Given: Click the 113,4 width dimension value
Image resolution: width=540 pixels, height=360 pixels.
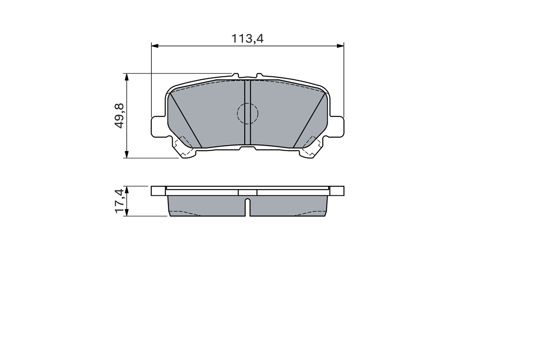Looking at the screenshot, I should click(x=247, y=38).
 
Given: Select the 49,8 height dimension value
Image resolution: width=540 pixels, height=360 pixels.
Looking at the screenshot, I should click(x=119, y=116).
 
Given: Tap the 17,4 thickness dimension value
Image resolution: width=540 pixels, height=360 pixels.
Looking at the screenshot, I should click(x=119, y=201).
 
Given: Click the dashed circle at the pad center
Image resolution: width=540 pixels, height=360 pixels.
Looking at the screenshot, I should click(x=247, y=113).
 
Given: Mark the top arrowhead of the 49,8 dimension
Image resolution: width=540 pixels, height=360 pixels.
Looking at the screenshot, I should click(x=126, y=76).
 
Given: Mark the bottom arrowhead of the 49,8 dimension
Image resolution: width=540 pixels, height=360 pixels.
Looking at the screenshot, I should click(x=126, y=155).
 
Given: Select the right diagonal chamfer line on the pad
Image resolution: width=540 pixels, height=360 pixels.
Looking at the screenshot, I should click(x=310, y=121).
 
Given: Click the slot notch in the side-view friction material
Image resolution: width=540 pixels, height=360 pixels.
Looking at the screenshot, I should click(x=248, y=206).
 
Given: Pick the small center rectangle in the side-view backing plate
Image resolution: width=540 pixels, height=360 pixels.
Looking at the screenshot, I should click(x=248, y=192).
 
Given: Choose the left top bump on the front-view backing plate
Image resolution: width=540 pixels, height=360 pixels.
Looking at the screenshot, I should click(x=236, y=76).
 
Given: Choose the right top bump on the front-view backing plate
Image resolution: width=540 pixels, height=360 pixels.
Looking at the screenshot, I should click(x=259, y=76).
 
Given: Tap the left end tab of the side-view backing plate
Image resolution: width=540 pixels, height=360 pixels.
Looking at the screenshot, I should click(x=159, y=191).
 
